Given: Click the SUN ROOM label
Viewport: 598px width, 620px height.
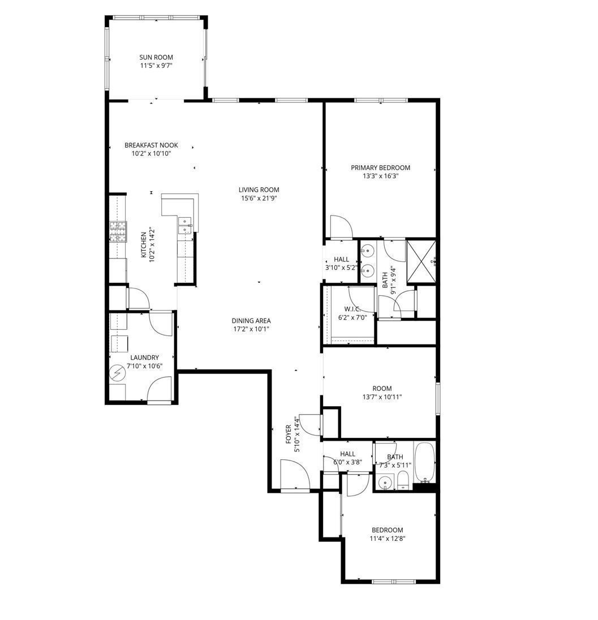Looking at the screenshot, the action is (x=156, y=57).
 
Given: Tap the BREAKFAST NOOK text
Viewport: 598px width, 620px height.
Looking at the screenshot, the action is (x=151, y=145).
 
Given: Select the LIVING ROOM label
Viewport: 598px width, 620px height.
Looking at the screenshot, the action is (x=259, y=190).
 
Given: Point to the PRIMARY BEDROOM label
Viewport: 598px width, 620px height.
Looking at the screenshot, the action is (x=381, y=167).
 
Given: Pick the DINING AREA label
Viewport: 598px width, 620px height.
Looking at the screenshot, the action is (x=251, y=321).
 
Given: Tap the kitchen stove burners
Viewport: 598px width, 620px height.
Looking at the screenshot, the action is (x=118, y=232).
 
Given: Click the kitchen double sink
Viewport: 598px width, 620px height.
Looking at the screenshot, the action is (x=185, y=225).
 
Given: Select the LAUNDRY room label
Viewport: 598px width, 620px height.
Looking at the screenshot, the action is (x=144, y=358).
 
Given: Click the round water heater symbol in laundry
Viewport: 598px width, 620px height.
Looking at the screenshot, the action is (x=118, y=373).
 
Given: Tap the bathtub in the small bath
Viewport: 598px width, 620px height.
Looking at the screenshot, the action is (x=425, y=462).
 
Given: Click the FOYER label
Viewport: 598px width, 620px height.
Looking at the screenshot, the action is (x=289, y=434).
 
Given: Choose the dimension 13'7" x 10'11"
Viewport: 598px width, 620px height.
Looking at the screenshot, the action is (x=382, y=397).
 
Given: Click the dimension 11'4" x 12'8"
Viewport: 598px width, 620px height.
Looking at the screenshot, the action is (x=387, y=539).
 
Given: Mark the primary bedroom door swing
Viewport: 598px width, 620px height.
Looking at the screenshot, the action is (x=341, y=227).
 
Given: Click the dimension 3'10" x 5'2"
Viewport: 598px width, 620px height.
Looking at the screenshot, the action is (x=341, y=268).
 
